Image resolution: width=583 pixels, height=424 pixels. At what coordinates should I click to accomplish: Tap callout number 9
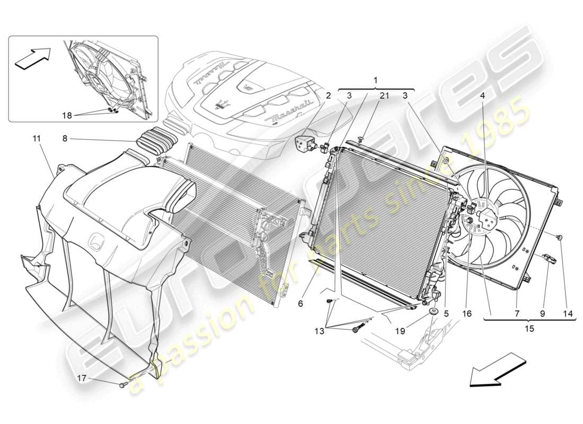542,314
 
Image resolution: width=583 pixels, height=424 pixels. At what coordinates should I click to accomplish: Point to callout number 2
329,96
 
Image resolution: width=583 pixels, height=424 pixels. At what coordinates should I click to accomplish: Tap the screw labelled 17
123,385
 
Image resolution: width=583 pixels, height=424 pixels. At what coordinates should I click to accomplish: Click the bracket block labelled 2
307,143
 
